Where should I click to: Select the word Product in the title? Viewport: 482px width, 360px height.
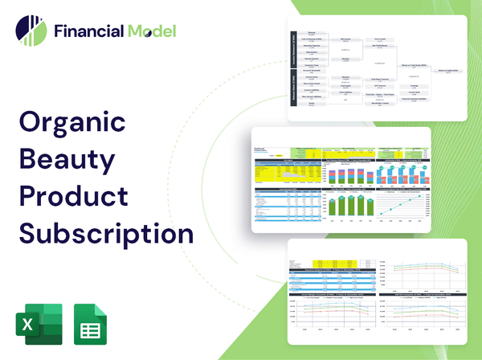(73, 197)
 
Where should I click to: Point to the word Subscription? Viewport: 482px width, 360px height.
(106, 233)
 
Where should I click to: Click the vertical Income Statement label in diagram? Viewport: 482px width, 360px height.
(294, 49)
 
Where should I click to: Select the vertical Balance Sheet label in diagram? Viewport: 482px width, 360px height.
(294, 91)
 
